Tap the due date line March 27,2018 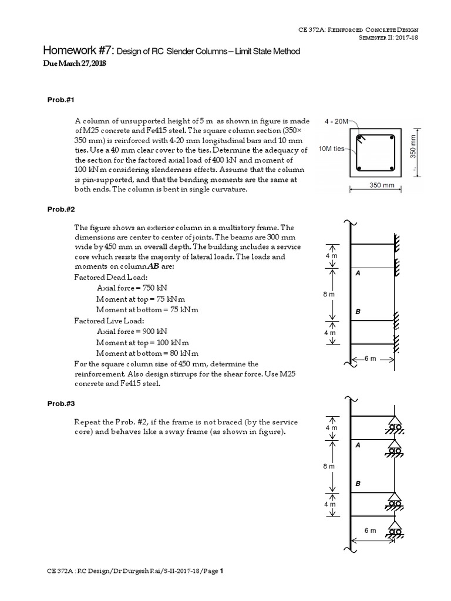click(73, 63)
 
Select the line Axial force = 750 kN click(132, 288)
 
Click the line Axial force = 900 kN click(132, 332)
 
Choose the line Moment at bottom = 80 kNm click(147, 353)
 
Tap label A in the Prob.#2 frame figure click(358, 274)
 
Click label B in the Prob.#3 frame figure click(358, 483)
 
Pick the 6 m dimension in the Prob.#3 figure click(369, 531)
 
